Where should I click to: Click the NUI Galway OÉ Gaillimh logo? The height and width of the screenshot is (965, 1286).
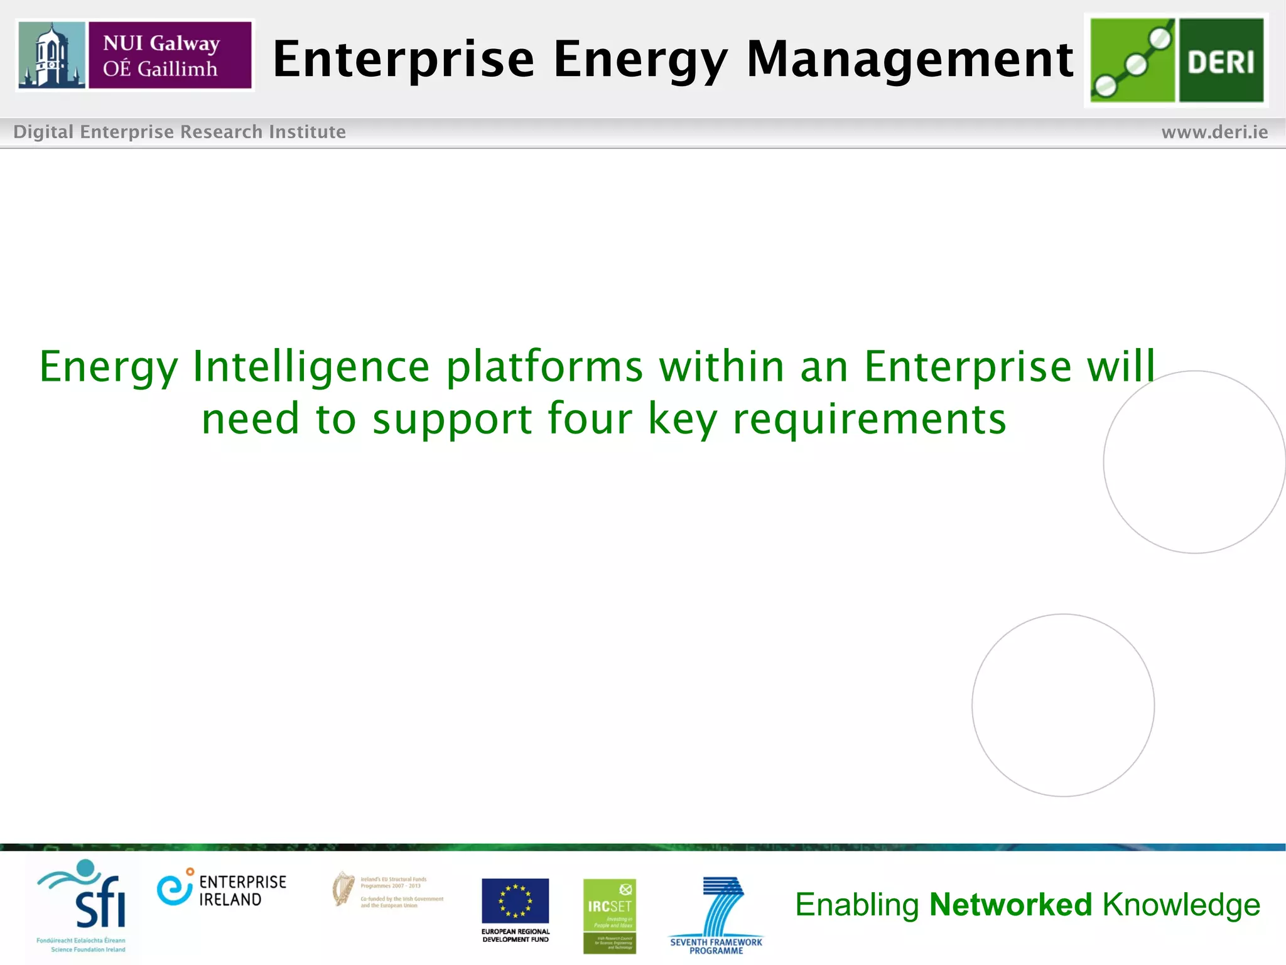135,55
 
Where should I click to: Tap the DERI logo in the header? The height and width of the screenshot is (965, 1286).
1176,60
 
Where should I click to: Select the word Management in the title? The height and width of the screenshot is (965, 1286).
909,60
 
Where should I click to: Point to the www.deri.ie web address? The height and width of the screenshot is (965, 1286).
1214,132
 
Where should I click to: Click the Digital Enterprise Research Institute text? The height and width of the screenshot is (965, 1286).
180,132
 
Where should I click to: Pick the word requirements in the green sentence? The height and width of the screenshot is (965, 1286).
869,420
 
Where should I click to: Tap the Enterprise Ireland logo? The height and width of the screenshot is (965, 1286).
221,890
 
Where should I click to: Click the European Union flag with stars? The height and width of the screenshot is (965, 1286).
515,900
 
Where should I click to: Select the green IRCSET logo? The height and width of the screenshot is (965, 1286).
609,915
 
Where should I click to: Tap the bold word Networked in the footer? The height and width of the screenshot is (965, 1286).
1010,905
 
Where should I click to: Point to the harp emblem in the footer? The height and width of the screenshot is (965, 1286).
343,888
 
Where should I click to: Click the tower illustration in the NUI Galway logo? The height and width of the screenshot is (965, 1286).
51,55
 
